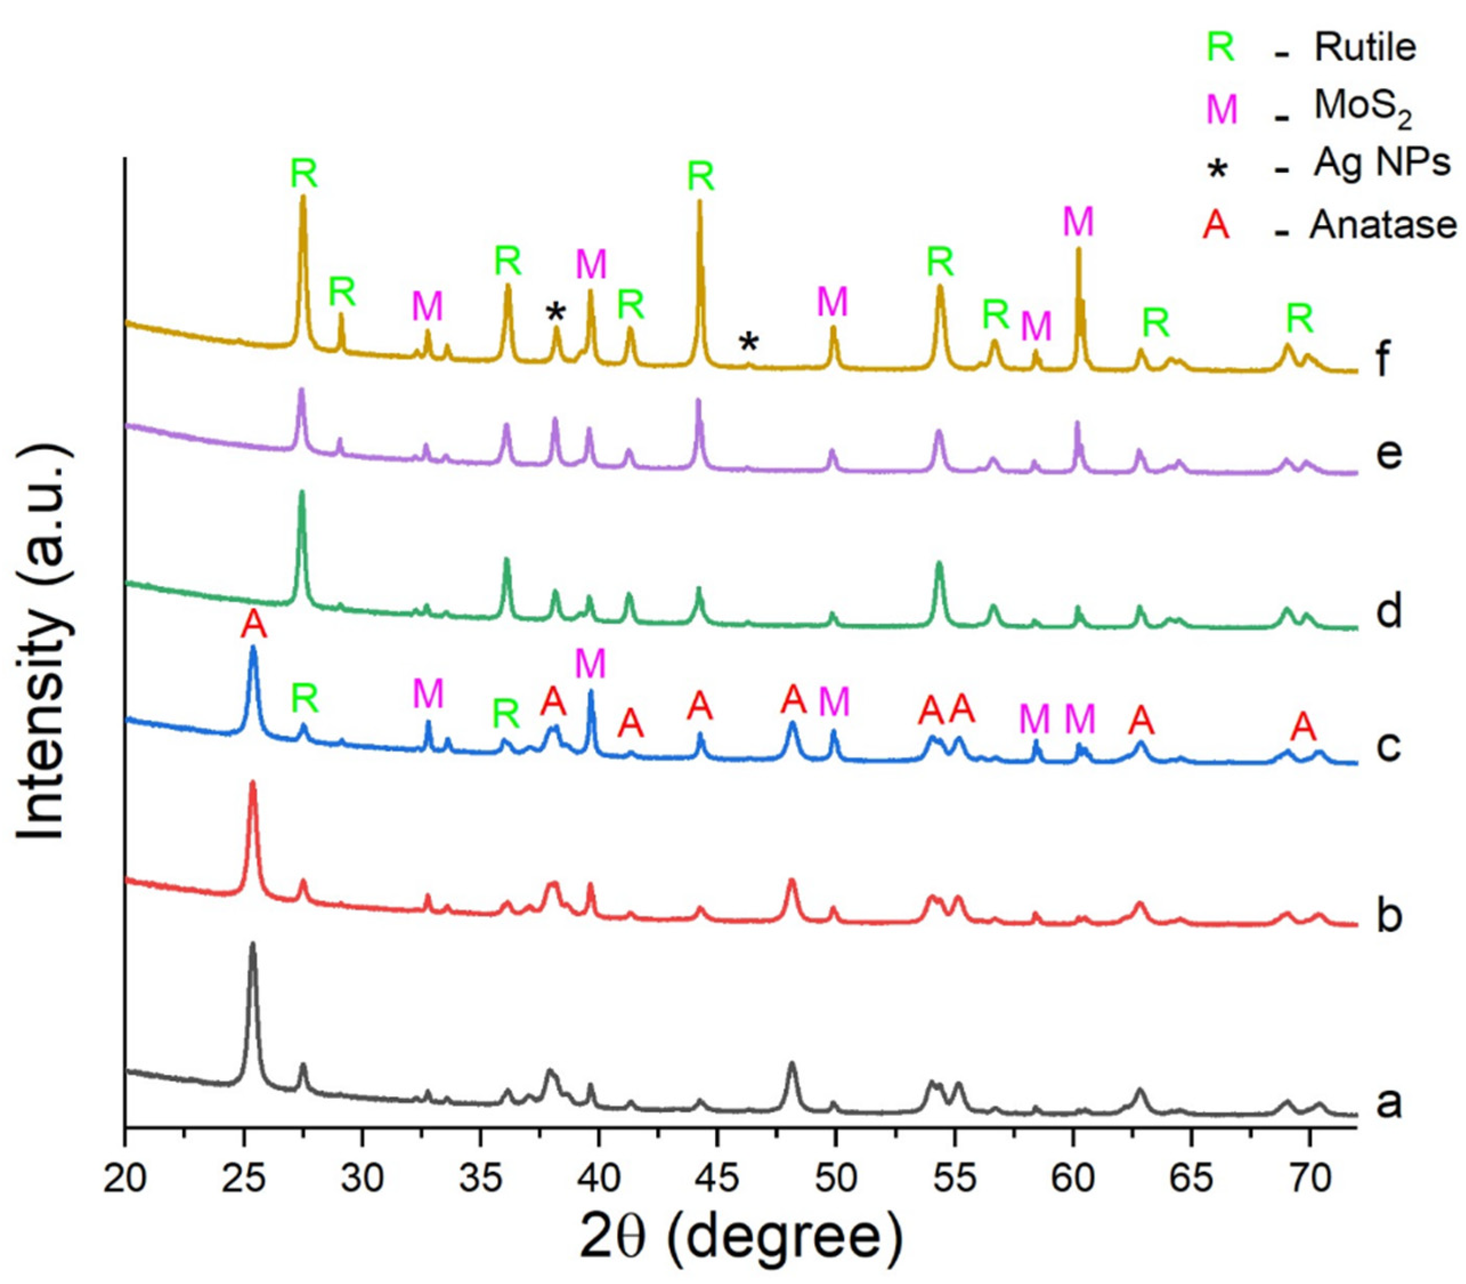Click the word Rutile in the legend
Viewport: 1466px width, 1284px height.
pos(1365,47)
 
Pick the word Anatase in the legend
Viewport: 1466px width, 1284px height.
pos(1383,225)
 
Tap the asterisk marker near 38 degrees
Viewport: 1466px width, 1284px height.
pos(556,312)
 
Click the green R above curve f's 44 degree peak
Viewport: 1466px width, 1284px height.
pos(701,176)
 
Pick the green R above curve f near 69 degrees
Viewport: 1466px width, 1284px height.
pos(1299,318)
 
